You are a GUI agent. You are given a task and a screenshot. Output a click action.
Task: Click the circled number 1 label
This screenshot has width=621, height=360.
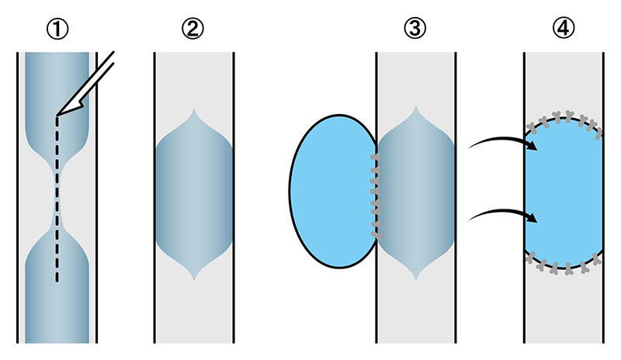point(57,29)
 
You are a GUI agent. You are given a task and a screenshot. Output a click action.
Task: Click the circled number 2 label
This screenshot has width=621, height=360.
point(193,29)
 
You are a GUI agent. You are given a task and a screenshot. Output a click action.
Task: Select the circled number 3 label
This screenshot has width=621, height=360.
point(416,29)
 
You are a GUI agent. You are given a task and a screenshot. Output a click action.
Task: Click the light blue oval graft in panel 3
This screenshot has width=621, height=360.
point(330,190)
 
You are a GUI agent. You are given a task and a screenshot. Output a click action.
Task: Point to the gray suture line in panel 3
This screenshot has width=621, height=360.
point(376,194)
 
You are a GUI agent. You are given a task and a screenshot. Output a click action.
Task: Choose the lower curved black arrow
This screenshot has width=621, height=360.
point(505,213)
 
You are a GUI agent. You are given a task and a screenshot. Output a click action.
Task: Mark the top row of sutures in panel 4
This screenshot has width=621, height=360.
point(564,117)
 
